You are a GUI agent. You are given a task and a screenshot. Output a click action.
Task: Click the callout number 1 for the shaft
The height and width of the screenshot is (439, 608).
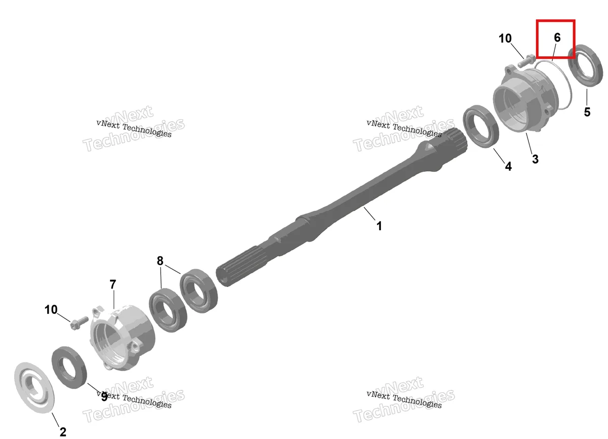(379, 226)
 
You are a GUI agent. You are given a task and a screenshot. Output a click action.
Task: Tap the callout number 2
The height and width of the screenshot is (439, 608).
(63, 432)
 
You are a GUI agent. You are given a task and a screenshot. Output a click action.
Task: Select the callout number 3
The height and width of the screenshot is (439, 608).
(535, 159)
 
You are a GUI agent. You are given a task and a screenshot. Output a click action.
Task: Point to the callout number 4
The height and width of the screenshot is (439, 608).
(508, 166)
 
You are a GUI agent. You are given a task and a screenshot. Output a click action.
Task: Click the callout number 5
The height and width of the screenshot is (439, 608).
(587, 112)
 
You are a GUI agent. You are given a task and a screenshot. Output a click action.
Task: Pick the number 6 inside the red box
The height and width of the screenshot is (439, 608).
(557, 38)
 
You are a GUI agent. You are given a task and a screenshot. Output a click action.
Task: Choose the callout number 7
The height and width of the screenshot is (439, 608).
(112, 284)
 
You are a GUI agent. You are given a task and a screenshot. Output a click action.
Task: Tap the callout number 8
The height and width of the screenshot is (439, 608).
(160, 261)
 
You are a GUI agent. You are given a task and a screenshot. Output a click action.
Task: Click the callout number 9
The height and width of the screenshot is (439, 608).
(104, 397)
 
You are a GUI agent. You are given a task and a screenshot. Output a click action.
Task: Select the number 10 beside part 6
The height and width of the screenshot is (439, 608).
(505, 39)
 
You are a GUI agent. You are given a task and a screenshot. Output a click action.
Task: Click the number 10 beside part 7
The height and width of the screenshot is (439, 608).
(51, 310)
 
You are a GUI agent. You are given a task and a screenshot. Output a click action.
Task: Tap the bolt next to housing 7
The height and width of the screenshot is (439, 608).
(79, 323)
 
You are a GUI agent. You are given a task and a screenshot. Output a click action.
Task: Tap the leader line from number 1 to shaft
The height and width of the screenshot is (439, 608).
(370, 213)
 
